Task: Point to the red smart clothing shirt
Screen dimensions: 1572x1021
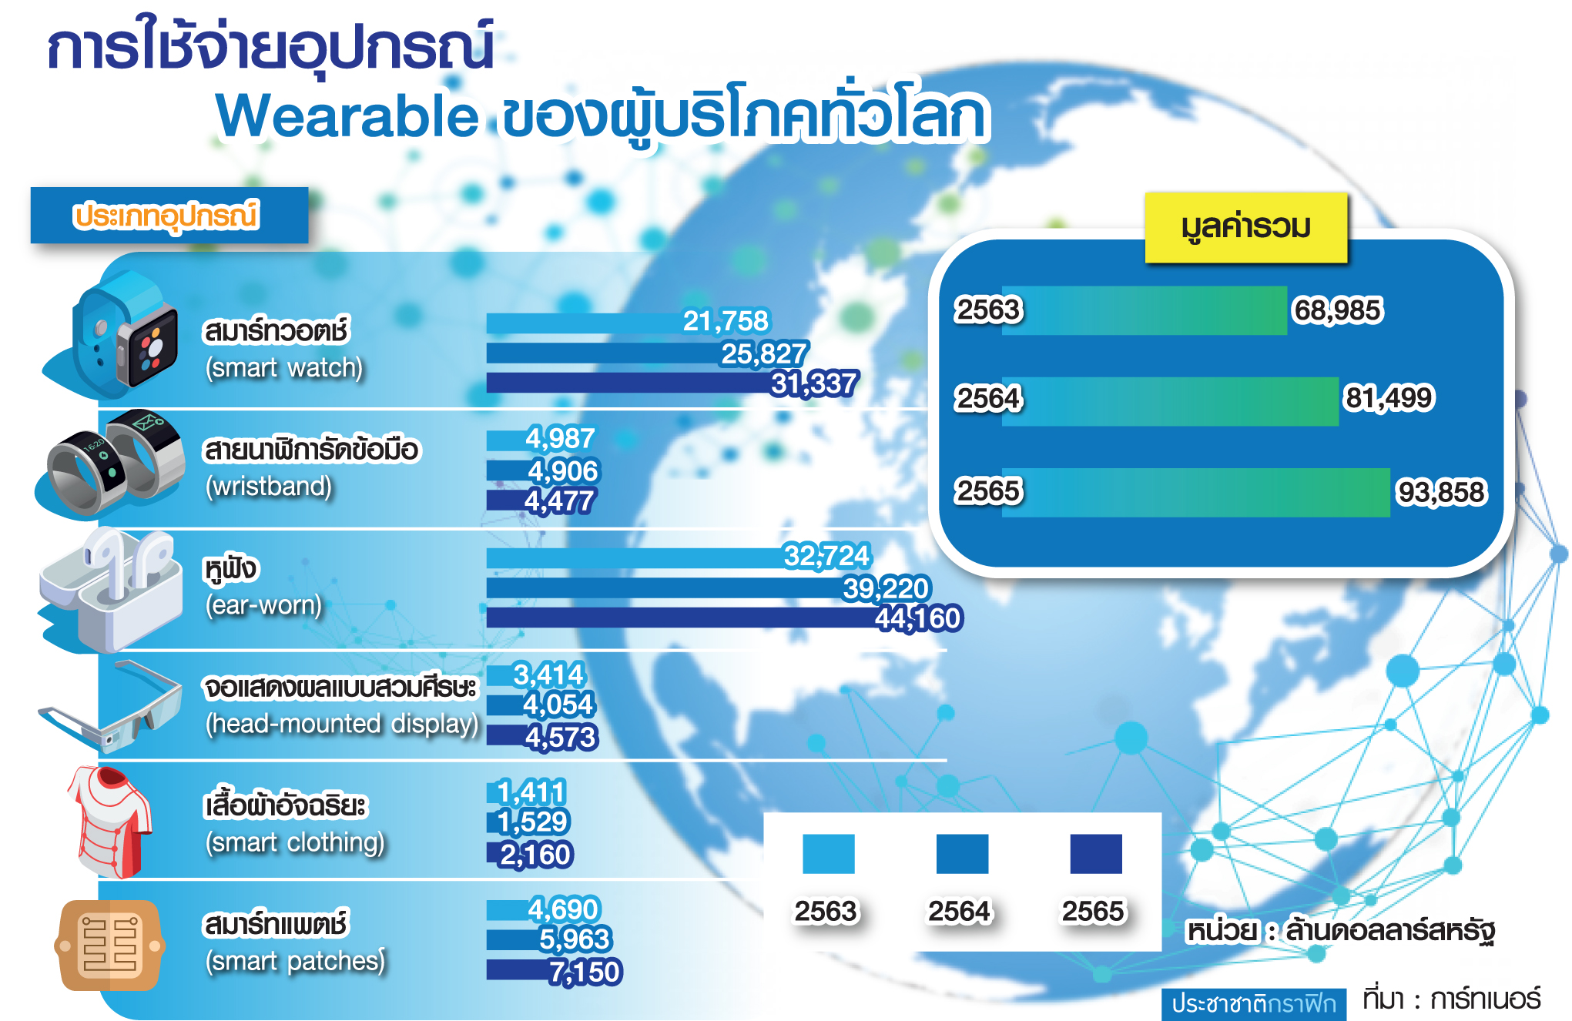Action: coord(109,822)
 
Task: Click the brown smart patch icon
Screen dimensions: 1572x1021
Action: coord(110,946)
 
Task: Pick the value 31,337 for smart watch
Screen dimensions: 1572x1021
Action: coord(814,383)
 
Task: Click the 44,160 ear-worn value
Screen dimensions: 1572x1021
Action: coord(918,618)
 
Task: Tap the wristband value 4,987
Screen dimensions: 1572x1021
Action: coord(560,439)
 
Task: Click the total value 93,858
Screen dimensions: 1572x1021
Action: coord(1441,492)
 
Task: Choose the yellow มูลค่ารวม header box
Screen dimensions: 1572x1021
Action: coord(1246,227)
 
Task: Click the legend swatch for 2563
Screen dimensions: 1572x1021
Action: coord(829,854)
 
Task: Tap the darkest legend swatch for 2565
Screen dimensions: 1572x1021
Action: coord(1096,854)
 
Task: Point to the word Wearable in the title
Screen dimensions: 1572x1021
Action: coord(347,116)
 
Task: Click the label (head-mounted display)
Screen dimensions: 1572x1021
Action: coord(342,724)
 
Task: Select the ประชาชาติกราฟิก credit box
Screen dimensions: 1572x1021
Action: coord(1254,1004)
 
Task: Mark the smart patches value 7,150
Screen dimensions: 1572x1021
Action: coord(585,972)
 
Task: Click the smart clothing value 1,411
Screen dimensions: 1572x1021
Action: coord(531,792)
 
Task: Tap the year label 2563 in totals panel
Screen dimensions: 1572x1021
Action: coord(989,310)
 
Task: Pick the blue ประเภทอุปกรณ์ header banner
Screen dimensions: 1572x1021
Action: coord(169,216)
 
